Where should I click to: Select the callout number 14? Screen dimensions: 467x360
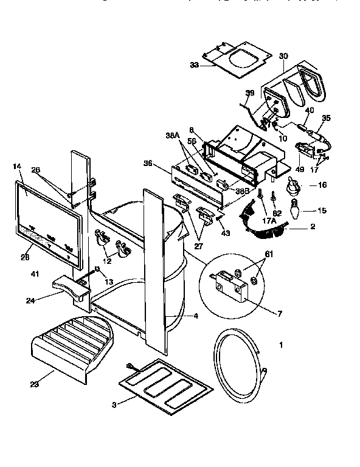(16, 165)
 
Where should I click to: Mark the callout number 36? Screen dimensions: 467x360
(148, 163)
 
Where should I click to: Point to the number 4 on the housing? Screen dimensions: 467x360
(195, 316)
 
